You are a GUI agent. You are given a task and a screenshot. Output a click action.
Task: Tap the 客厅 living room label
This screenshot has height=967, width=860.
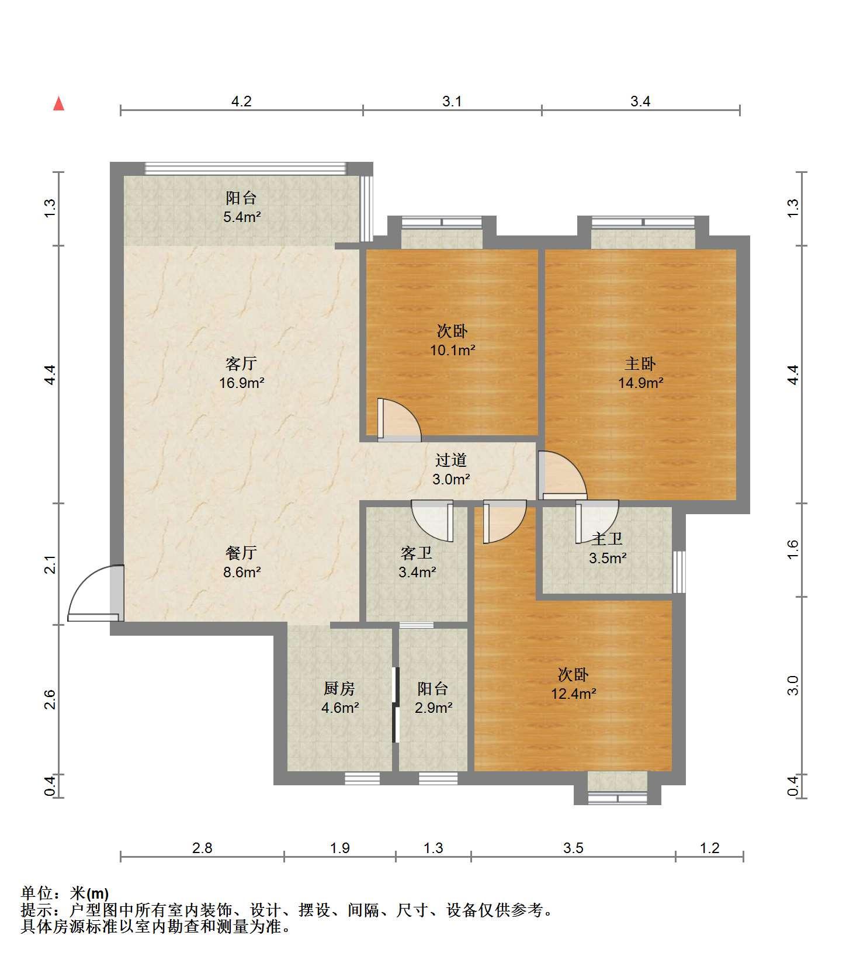click(241, 363)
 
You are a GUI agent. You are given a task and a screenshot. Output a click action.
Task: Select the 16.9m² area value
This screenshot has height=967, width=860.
click(242, 383)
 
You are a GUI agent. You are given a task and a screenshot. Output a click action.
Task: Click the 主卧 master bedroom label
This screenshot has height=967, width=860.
click(640, 363)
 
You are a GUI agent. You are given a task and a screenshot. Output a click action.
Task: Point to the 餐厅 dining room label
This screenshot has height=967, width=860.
click(241, 552)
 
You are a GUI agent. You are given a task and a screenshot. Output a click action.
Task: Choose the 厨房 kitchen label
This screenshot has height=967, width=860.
click(339, 688)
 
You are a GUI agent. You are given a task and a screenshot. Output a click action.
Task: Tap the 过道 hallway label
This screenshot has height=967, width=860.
click(451, 460)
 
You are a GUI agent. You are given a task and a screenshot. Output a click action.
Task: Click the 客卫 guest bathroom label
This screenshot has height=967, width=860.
click(417, 552)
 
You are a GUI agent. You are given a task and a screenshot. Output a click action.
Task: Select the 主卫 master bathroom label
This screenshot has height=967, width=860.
click(608, 539)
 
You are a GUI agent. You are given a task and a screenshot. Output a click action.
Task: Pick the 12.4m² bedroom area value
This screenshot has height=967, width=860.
click(574, 694)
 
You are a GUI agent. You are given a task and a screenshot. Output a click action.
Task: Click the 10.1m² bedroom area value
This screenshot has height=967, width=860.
click(452, 351)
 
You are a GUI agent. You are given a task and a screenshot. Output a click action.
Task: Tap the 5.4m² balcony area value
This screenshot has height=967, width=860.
click(241, 217)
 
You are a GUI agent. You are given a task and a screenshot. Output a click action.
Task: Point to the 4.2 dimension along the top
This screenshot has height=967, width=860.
click(241, 102)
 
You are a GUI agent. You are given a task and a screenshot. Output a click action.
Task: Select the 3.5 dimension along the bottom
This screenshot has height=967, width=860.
click(573, 848)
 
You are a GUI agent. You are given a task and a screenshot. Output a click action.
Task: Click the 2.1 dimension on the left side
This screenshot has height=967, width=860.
click(50, 566)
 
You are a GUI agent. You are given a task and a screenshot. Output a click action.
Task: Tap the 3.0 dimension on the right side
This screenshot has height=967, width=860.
click(793, 685)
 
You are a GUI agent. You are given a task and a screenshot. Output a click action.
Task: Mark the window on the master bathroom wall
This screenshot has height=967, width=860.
click(679, 572)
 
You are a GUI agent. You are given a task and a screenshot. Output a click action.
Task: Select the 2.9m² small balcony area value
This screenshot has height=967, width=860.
click(434, 708)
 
